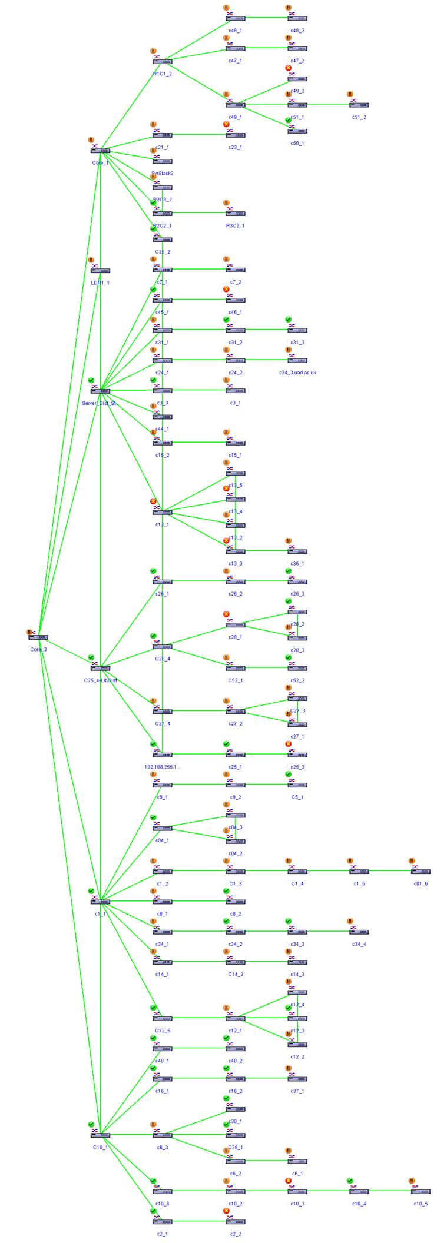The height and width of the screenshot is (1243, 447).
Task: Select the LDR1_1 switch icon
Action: tap(101, 271)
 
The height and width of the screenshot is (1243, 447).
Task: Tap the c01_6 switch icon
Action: tap(421, 872)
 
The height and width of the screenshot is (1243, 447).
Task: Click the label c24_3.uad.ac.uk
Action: tap(297, 373)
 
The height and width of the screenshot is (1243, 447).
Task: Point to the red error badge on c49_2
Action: tap(289, 68)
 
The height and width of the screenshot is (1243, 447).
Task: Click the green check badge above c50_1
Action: tap(289, 120)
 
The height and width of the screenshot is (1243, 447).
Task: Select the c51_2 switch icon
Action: tap(359, 105)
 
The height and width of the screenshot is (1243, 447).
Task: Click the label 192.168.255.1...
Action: tap(163, 767)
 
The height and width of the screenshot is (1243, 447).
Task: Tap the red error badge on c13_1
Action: tap(153, 501)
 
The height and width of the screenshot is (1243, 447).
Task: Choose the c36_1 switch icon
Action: tap(297, 551)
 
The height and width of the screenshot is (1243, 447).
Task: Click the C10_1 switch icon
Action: tap(101, 1135)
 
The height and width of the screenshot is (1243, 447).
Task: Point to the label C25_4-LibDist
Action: tap(101, 680)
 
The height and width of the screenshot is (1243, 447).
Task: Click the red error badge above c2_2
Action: tap(226, 1211)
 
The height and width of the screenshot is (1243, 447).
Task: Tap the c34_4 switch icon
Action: tap(359, 932)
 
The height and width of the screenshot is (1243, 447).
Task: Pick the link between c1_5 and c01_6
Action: tap(390, 871)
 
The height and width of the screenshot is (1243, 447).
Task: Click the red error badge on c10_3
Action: tap(289, 1181)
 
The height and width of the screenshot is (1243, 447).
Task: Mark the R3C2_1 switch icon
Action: tap(236, 213)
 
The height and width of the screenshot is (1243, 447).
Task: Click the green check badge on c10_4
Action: tap(350, 1181)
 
